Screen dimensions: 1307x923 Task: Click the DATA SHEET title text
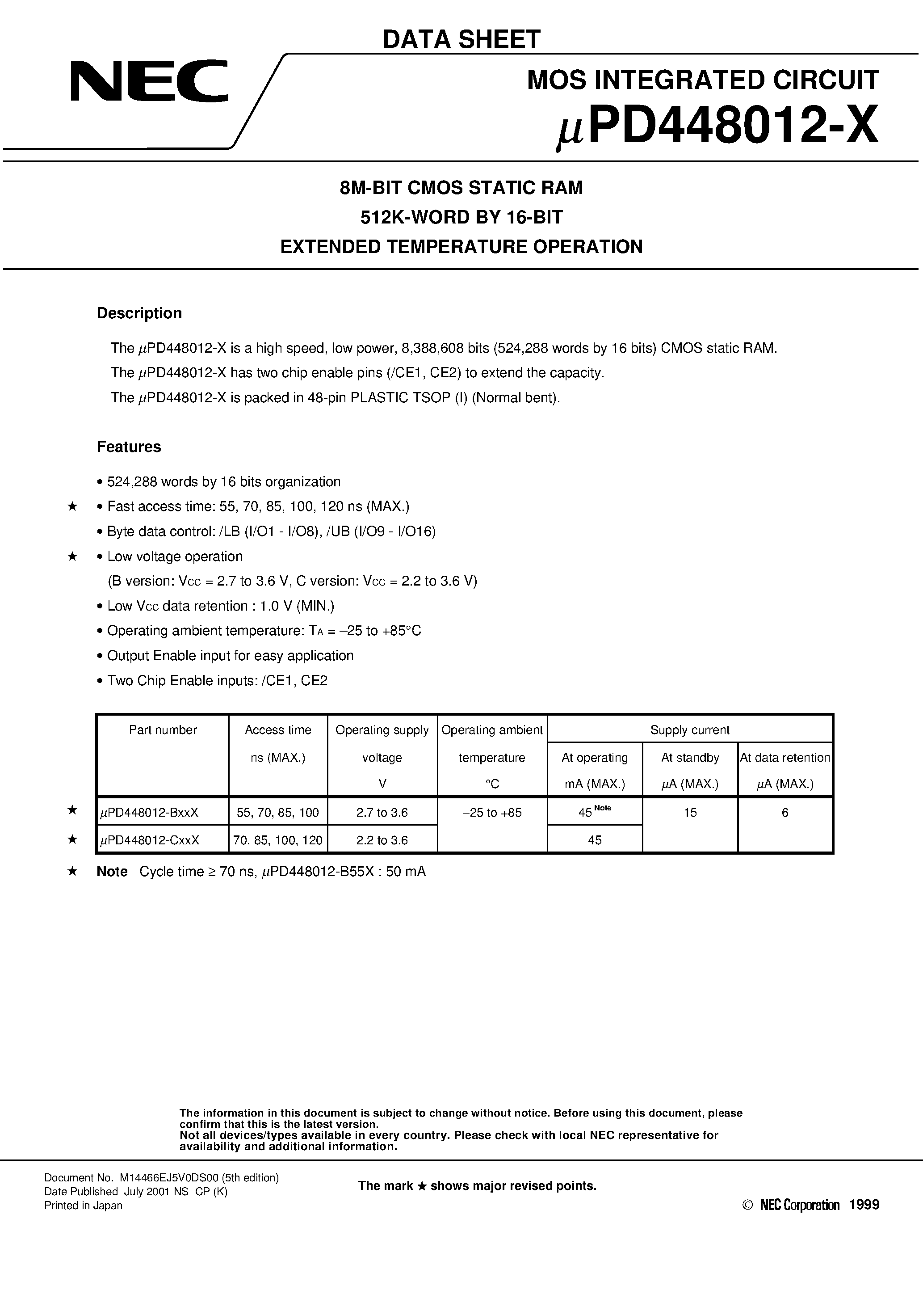(461, 39)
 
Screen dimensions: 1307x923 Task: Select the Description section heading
(139, 313)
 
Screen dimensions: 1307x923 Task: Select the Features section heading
(129, 447)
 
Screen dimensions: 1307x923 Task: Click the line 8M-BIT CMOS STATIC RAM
(461, 187)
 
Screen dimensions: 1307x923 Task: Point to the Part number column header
(163, 730)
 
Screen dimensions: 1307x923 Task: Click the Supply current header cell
(690, 730)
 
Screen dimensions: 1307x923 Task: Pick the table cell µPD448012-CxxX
(150, 840)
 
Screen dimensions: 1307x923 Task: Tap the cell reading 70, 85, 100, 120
(278, 840)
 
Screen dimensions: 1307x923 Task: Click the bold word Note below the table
(112, 872)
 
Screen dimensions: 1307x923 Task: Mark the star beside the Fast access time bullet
(72, 506)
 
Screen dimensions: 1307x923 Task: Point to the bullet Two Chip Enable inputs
(217, 681)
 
